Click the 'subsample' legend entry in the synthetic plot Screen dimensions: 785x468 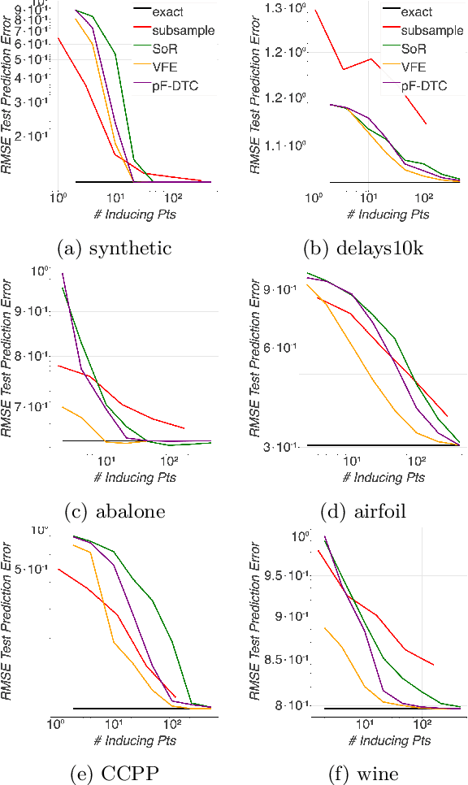coord(183,30)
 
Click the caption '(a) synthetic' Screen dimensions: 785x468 coord(115,248)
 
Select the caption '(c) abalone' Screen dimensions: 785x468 coord(115,511)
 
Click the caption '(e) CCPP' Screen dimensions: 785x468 coord(115,774)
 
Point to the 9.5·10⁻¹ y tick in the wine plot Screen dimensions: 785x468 coord(287,575)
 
